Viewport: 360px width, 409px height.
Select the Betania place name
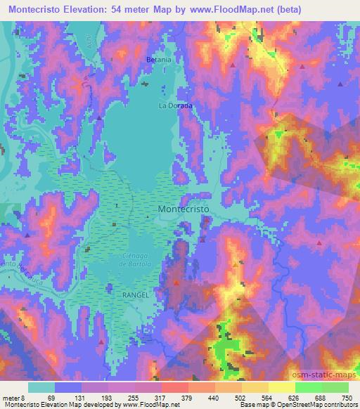coord(159,60)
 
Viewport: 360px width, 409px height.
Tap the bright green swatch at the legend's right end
coord(335,387)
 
